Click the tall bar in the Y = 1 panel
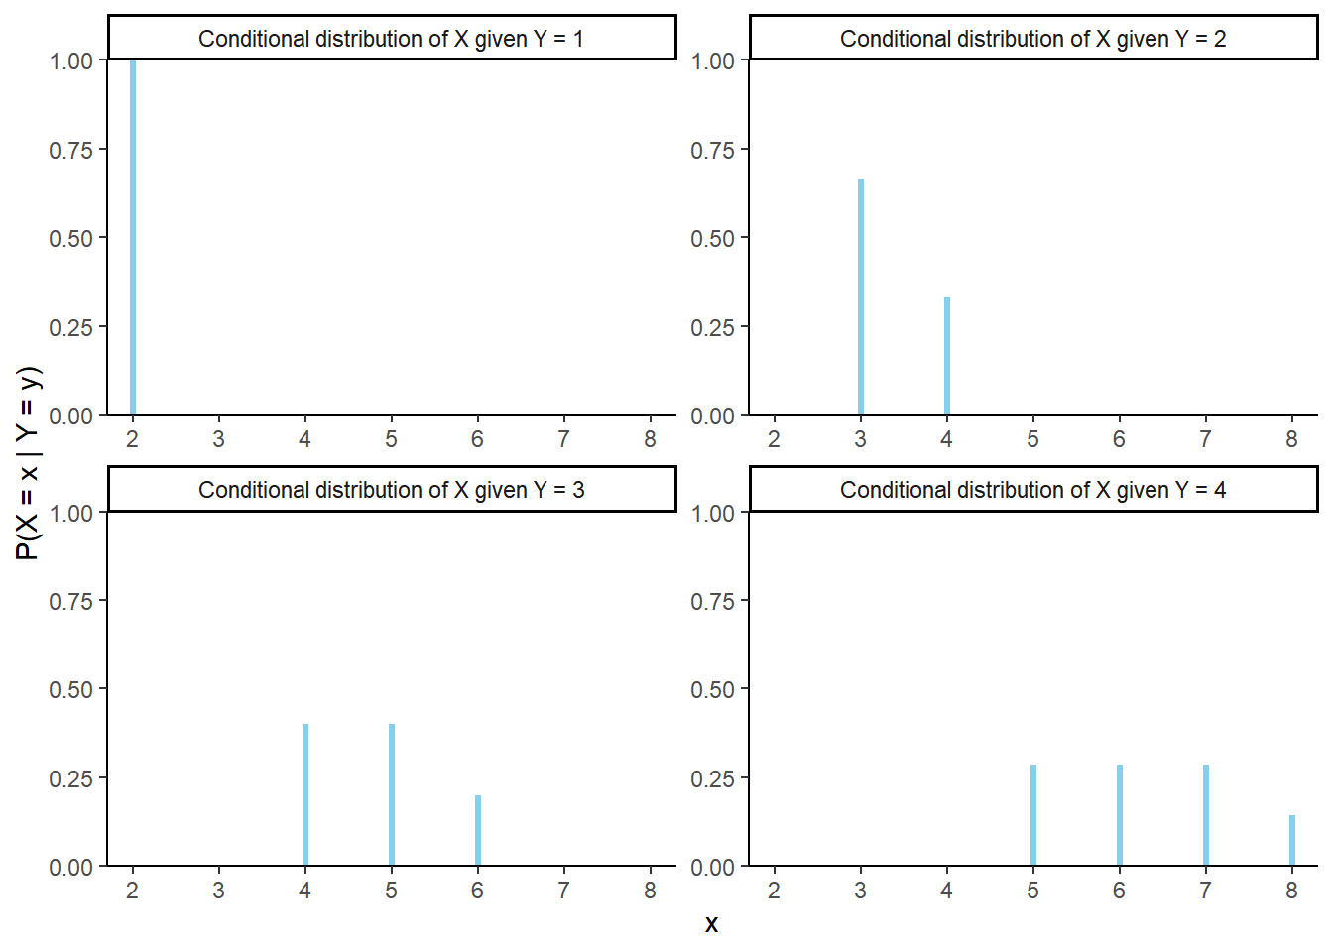(x=133, y=238)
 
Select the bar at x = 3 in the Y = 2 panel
(x=861, y=297)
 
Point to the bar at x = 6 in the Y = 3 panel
(x=478, y=831)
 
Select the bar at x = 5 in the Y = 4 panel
(x=1033, y=815)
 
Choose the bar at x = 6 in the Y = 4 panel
(x=1120, y=815)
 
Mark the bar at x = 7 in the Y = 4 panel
(x=1206, y=815)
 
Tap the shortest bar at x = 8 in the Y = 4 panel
(x=1292, y=841)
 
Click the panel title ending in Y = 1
(x=391, y=39)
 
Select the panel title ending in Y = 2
(x=1032, y=39)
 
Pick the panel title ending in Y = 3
(x=391, y=490)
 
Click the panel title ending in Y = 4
(x=1032, y=490)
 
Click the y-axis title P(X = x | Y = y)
(x=28, y=463)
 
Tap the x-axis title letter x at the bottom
(x=711, y=924)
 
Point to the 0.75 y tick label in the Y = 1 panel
(x=70, y=150)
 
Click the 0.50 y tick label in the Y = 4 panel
(x=712, y=689)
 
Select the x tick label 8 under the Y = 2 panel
(x=1291, y=439)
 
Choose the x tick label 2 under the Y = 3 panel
(x=132, y=891)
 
